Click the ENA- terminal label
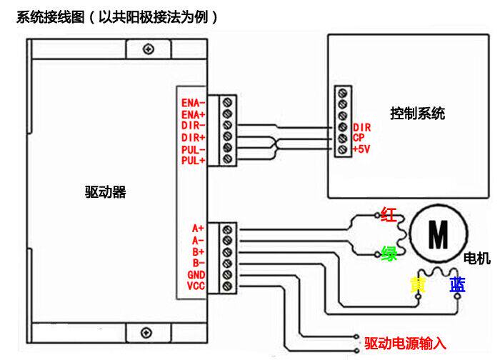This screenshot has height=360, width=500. click(194, 103)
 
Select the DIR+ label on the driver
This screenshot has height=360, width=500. click(194, 137)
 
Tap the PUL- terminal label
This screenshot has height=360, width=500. click(194, 149)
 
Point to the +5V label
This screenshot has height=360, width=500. click(361, 149)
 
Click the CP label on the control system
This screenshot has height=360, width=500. click(359, 138)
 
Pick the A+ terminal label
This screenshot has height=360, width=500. click(199, 229)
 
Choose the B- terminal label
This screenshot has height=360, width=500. click(199, 263)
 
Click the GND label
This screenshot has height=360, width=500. click(196, 275)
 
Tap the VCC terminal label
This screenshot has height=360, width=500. click(196, 286)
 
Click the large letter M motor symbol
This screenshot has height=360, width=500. click(437, 232)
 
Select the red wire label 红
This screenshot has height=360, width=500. click(389, 214)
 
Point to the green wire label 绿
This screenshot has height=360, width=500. click(389, 254)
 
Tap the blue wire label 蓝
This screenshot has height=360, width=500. click(457, 285)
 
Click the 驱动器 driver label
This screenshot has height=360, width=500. click(105, 192)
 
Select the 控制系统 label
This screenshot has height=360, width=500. click(417, 113)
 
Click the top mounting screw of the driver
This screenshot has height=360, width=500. click(148, 49)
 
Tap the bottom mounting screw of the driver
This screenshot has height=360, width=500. click(148, 333)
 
